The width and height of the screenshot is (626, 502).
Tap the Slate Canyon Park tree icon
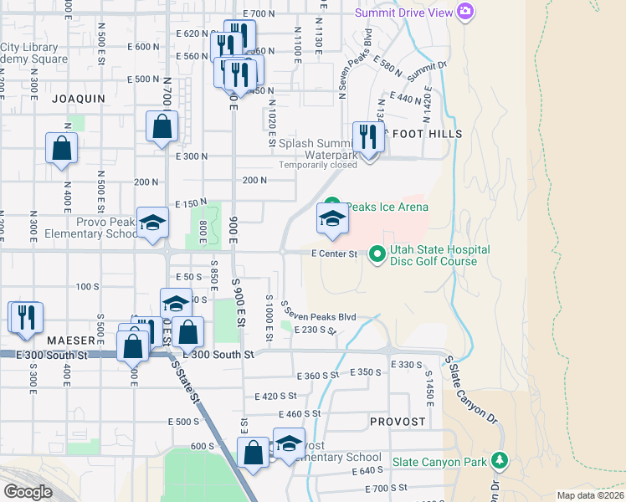[500, 460]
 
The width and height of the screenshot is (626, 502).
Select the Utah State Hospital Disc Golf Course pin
[377, 252]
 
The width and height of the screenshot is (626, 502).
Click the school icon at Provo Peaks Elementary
[153, 223]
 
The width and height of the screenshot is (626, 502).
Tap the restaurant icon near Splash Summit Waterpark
[368, 136]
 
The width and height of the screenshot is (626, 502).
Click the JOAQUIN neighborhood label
[79, 99]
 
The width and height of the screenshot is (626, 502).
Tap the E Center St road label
[334, 254]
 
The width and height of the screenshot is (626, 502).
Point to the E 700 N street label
[259, 13]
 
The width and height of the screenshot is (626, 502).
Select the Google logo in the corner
[28, 492]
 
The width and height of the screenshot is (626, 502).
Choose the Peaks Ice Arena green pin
[332, 203]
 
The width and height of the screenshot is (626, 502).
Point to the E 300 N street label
[191, 156]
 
